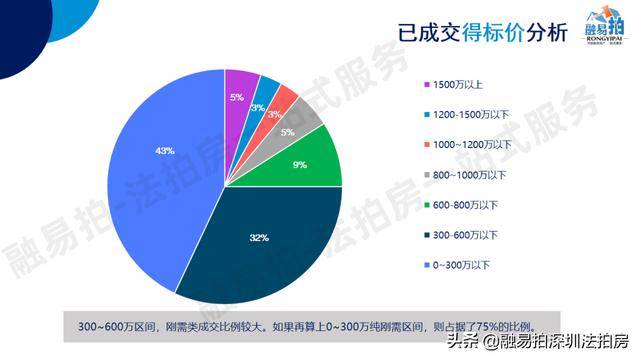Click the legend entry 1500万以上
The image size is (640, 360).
point(453,85)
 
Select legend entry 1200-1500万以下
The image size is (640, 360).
point(467,115)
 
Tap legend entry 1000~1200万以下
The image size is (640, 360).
point(468,145)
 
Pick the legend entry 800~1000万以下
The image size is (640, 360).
point(465,175)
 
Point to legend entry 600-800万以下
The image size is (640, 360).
point(461,205)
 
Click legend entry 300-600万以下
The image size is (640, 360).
point(461,235)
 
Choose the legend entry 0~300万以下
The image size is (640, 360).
point(457,265)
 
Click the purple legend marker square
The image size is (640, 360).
point(427,85)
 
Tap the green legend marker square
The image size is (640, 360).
point(427,205)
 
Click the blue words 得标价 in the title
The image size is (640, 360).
point(493,32)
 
